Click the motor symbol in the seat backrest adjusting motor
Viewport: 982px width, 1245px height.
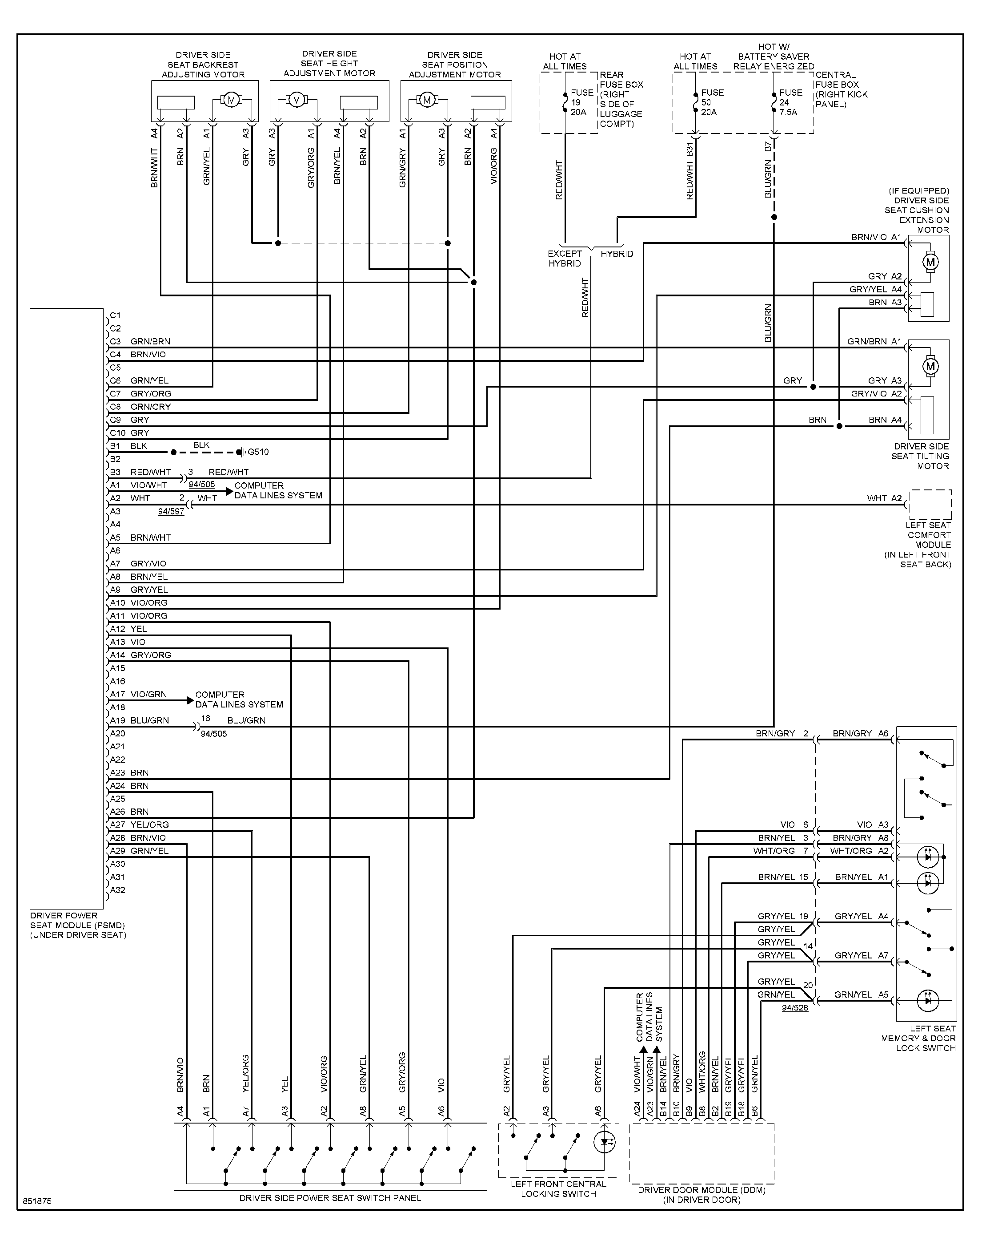point(231,100)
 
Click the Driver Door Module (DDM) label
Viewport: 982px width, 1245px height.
point(702,1194)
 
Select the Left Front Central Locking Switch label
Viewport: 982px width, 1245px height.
point(558,1188)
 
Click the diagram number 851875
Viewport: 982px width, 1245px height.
point(37,1201)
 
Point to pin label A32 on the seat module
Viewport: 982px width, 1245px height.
point(117,890)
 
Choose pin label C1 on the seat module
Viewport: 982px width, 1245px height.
point(116,315)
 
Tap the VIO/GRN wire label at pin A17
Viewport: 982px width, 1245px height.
point(148,695)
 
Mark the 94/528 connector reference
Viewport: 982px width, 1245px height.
point(794,1007)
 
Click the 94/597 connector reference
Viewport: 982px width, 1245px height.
point(171,511)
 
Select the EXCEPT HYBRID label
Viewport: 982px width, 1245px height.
point(565,259)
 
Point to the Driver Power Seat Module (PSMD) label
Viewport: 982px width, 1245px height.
point(78,925)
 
